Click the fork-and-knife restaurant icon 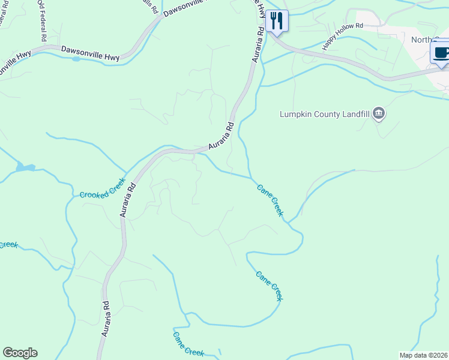[277, 21]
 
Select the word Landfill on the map [351, 114]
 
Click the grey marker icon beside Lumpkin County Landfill [378, 113]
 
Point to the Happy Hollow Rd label [343, 36]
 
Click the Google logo [20, 353]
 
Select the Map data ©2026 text [423, 355]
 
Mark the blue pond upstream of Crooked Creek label [25, 167]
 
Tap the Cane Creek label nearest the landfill [270, 200]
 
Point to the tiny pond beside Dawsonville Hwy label [76, 59]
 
